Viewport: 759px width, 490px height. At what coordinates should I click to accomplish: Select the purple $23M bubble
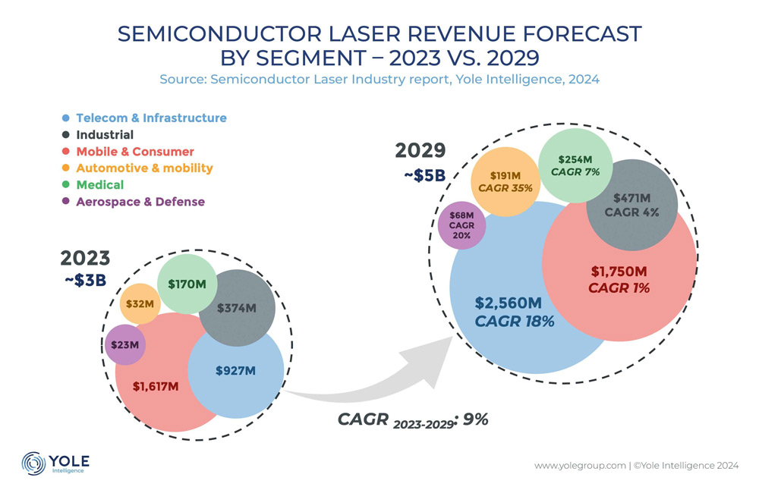click(125, 345)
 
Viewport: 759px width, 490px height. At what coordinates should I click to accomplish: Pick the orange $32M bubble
click(140, 304)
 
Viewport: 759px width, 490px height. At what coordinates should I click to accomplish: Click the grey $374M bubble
click(236, 307)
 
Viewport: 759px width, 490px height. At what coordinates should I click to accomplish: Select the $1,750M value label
click(619, 271)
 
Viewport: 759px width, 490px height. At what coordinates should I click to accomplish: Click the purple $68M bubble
click(462, 225)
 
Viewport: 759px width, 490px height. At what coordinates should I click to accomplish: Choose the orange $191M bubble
click(502, 183)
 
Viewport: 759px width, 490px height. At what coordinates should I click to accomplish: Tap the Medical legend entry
click(99, 185)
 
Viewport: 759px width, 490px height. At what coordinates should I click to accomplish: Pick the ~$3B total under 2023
click(85, 280)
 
